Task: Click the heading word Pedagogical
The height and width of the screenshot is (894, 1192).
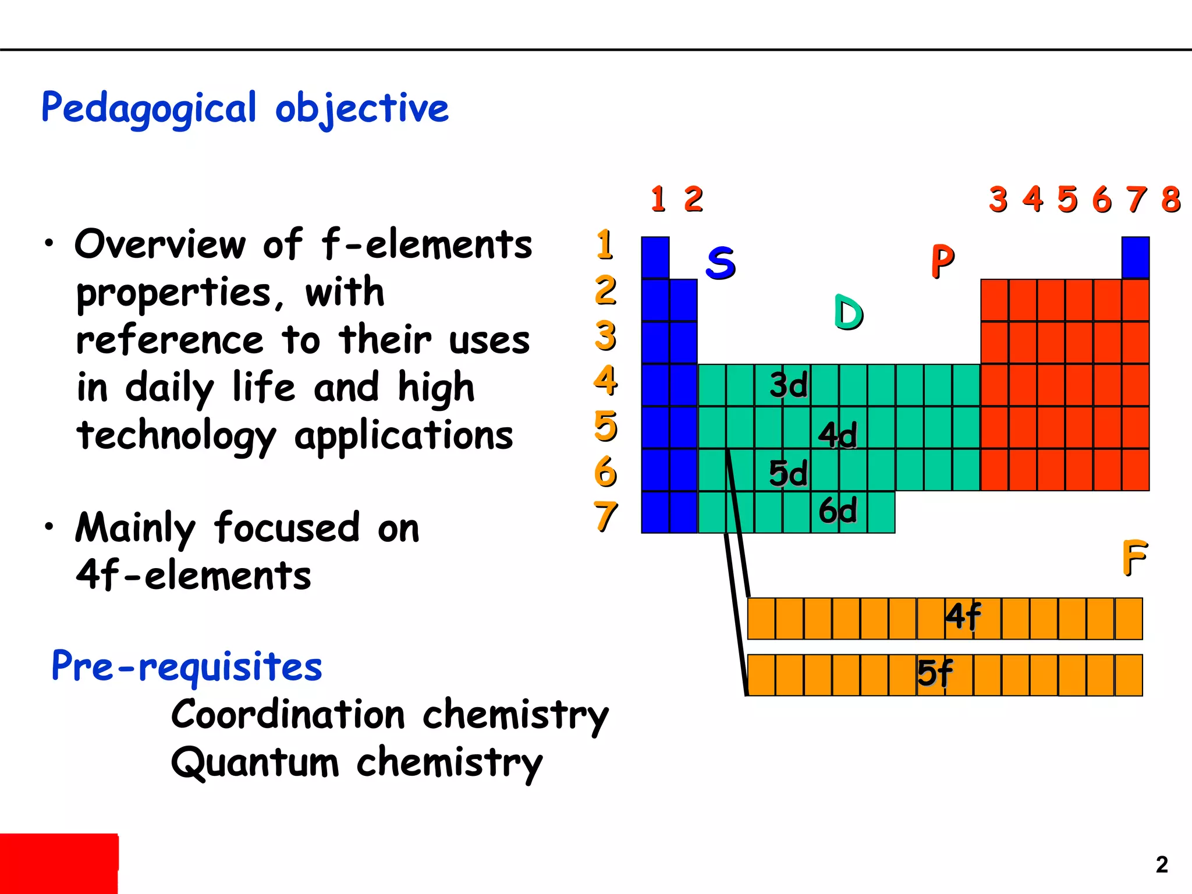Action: click(148, 109)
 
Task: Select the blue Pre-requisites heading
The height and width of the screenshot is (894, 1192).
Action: click(186, 666)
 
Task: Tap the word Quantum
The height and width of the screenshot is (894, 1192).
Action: click(254, 762)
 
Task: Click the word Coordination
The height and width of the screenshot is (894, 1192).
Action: click(288, 714)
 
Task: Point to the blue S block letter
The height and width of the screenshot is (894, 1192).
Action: click(721, 262)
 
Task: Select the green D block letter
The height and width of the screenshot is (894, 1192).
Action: click(848, 313)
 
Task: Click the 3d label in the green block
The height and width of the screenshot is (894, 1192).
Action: click(789, 385)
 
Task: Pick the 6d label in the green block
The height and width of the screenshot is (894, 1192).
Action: click(838, 510)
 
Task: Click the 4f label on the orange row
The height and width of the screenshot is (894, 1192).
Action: click(963, 616)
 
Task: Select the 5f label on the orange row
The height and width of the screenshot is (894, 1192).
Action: click(935, 673)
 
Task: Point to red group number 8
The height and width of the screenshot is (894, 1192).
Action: click(1170, 200)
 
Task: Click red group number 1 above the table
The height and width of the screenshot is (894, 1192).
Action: click(658, 200)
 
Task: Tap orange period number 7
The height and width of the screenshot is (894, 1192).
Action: click(605, 516)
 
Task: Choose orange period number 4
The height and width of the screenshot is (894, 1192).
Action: click(605, 381)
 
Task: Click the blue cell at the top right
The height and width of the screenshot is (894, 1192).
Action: click(1135, 257)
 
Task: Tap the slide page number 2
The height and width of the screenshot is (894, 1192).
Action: click(1162, 864)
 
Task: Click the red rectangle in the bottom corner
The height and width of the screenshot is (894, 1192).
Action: click(59, 863)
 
